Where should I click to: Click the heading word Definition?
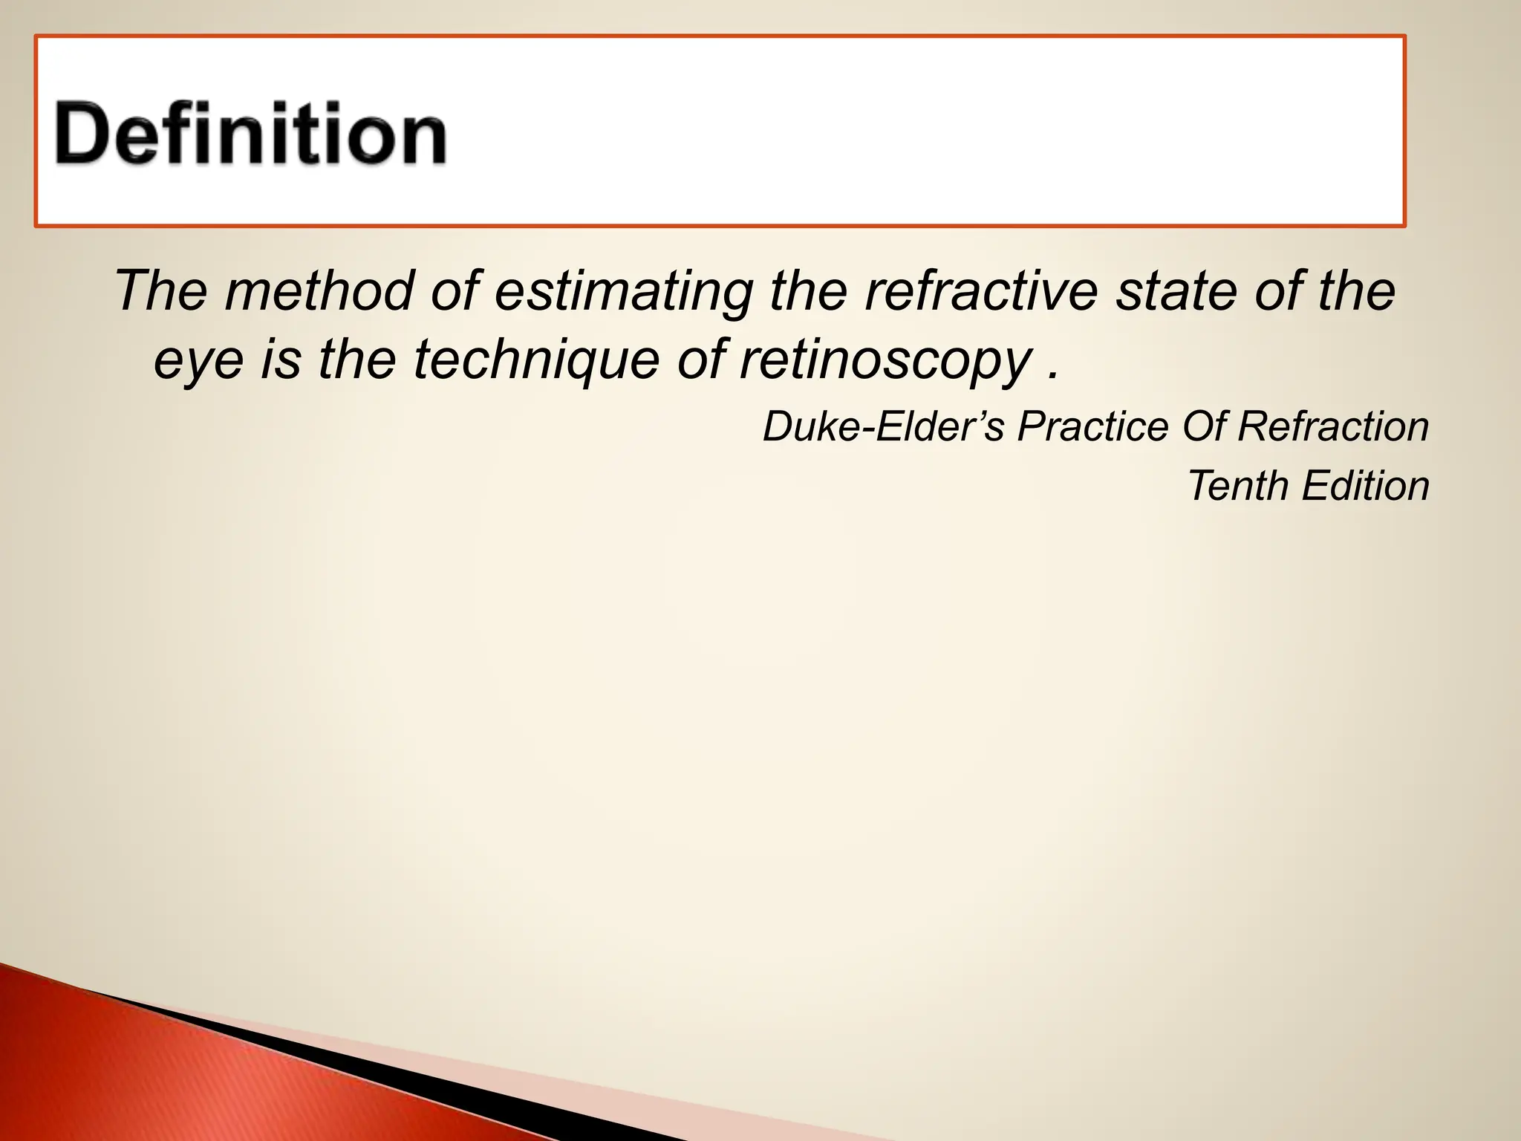coord(250,134)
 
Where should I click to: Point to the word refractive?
coord(981,290)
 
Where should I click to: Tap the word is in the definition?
coord(281,359)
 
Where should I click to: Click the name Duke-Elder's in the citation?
coord(884,427)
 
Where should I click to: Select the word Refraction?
coord(1334,427)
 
